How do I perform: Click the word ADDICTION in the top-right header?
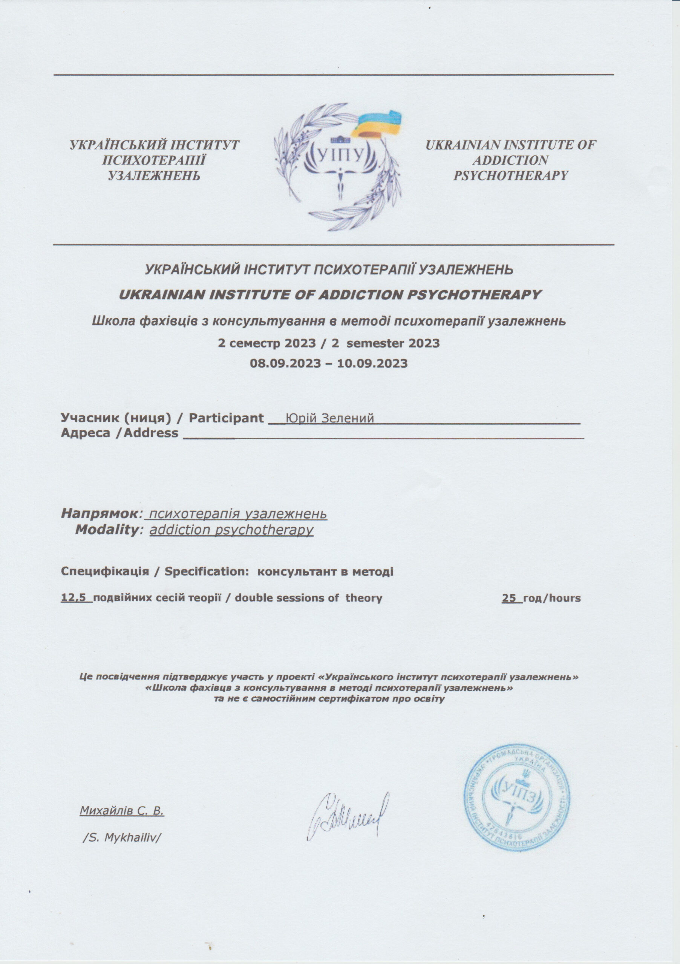(510, 160)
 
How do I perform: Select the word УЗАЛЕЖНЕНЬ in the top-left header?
(154, 175)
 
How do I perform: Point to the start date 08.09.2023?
(282, 363)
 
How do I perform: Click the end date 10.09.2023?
(375, 363)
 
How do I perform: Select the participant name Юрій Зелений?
(329, 418)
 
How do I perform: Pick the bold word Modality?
(106, 530)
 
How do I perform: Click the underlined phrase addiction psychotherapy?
(231, 530)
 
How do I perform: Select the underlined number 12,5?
(76, 598)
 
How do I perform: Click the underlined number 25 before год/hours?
(509, 598)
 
